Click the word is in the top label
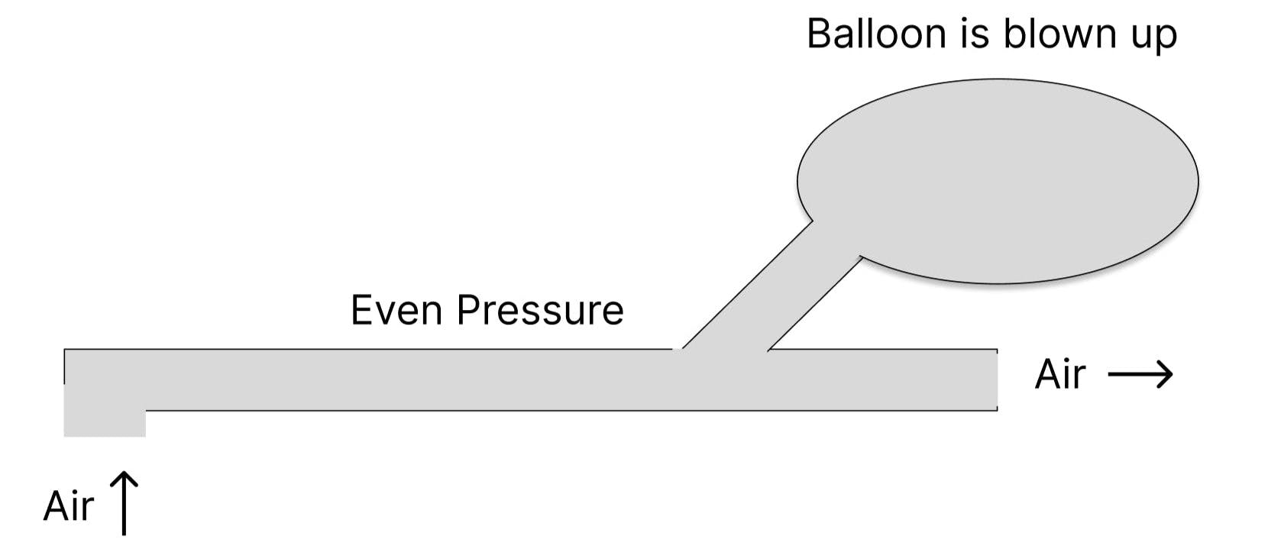pos(981,34)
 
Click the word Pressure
pos(540,311)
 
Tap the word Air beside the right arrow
pos(1060,374)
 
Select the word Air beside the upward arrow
pos(69,506)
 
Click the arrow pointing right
pos(1140,374)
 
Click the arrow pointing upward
pos(124,503)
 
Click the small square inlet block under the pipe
pos(104,423)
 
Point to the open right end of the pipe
pos(995,380)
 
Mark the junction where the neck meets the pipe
pos(724,353)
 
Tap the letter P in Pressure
pos(468,311)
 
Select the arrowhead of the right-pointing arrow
pos(1166,374)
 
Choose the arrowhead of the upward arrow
pos(124,478)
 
